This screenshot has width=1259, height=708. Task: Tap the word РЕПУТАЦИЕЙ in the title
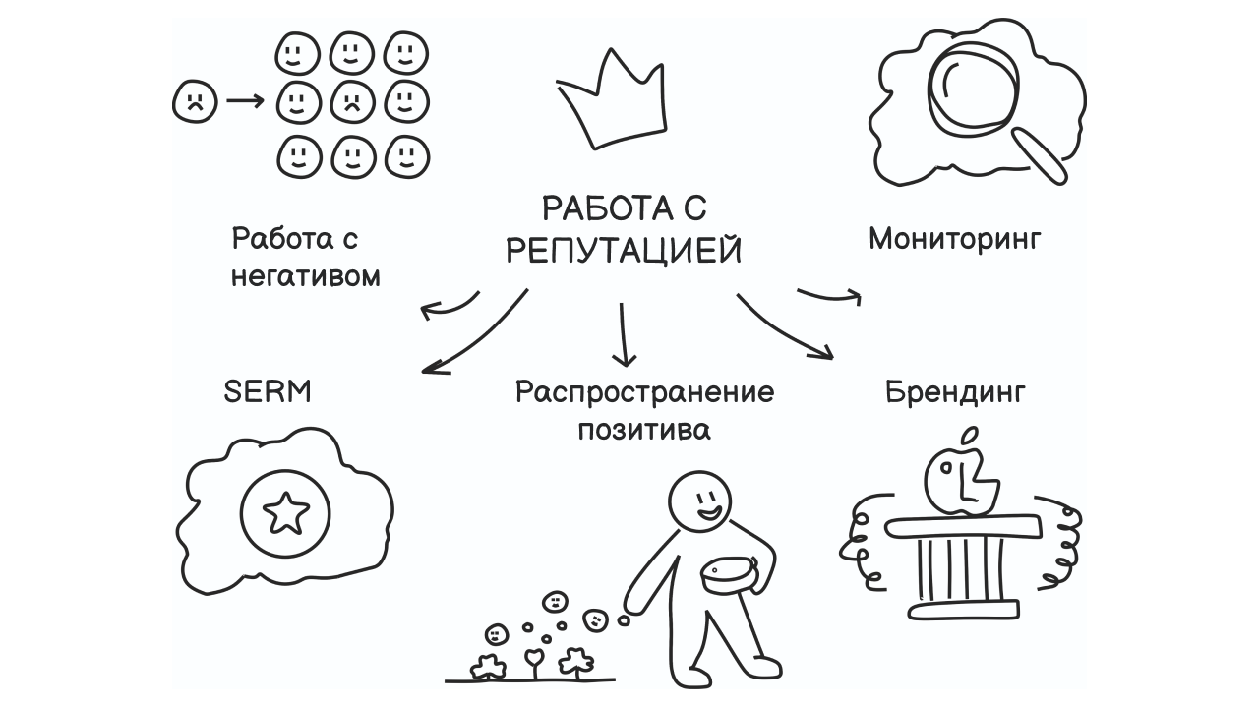pyautogui.click(x=624, y=251)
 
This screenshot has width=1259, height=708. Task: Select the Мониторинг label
pyautogui.click(x=954, y=239)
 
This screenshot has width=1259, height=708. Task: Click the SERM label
pyautogui.click(x=268, y=391)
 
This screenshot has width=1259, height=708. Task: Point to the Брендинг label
pyautogui.click(x=955, y=393)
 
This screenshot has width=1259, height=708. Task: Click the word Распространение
pyautogui.click(x=644, y=392)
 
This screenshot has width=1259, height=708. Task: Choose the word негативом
pyautogui.click(x=305, y=277)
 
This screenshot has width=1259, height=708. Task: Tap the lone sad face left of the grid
pyautogui.click(x=194, y=100)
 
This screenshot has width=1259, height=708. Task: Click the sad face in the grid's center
pyautogui.click(x=351, y=100)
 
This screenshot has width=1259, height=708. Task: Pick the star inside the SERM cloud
pyautogui.click(x=286, y=511)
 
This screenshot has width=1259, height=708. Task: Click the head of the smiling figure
pyautogui.click(x=701, y=501)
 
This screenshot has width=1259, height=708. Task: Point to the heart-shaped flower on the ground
pyautogui.click(x=533, y=657)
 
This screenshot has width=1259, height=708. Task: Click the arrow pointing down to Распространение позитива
pyautogui.click(x=624, y=336)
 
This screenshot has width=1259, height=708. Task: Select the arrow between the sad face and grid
pyautogui.click(x=245, y=100)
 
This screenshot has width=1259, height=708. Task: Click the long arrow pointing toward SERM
pyautogui.click(x=476, y=336)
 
